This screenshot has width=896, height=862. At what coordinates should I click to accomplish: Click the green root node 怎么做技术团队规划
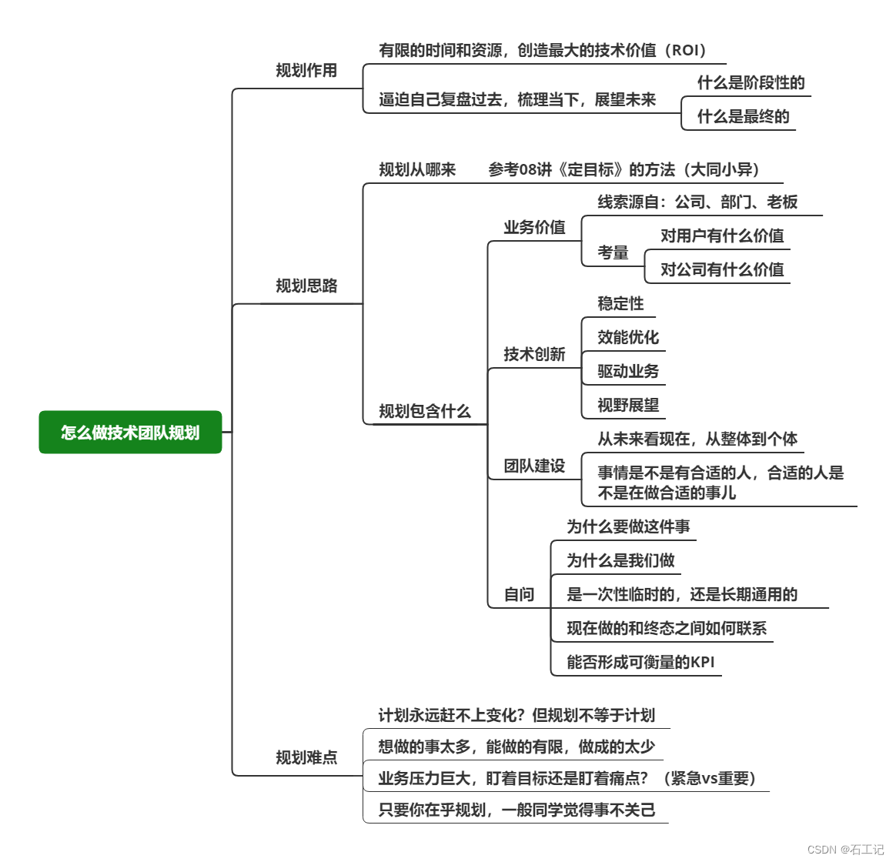point(130,433)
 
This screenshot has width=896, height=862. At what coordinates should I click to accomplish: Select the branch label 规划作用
point(306,71)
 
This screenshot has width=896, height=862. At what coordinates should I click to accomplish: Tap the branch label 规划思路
point(306,286)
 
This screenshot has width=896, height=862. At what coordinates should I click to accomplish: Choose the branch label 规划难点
point(306,758)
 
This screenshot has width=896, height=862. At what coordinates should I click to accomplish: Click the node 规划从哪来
point(417,170)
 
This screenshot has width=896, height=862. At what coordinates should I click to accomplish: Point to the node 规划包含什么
point(424,412)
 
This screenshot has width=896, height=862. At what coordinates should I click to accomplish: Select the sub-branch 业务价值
point(534,228)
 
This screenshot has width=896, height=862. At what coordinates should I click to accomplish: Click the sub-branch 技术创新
point(534,355)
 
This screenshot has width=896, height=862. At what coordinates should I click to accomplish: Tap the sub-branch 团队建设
point(534,466)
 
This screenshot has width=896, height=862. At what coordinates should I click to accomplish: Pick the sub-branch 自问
point(519,595)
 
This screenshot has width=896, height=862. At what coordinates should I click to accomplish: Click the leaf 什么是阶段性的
point(751,83)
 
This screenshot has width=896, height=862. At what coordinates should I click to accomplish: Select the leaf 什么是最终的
point(743,117)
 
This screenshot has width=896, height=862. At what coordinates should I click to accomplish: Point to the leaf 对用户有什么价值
point(722,236)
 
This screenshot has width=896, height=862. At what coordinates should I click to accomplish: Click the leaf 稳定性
point(620,304)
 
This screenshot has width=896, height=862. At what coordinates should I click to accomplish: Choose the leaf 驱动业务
point(628,372)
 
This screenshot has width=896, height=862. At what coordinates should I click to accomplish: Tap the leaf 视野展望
point(628,406)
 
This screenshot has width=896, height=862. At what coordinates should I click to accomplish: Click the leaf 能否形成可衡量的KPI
point(640,663)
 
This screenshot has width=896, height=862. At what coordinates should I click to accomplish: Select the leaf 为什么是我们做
point(620,561)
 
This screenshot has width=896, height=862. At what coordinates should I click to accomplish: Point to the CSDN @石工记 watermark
point(845,850)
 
